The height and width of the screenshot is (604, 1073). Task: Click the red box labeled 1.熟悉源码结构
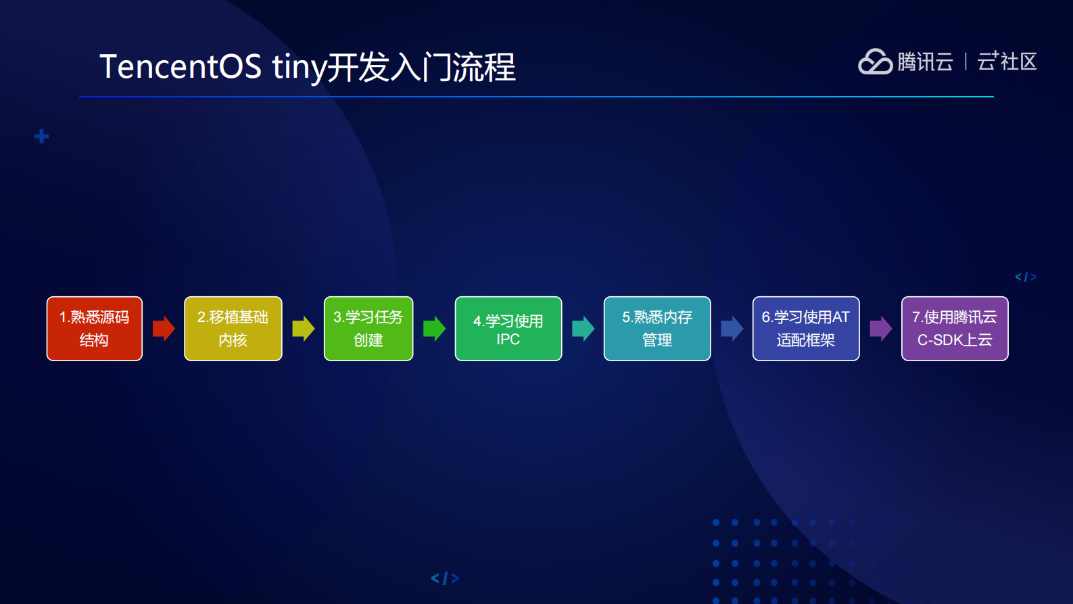coord(95,329)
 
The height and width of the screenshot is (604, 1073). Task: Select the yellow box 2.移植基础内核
coord(233,329)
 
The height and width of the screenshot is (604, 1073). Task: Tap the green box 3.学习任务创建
coord(368,329)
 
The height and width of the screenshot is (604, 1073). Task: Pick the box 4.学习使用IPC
coord(508,329)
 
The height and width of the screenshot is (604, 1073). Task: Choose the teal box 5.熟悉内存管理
coord(657,329)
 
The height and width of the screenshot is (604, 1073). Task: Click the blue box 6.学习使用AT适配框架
coord(806,329)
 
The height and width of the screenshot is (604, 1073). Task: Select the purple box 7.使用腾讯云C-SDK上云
coord(955,329)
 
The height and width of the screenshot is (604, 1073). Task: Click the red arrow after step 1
coord(164,329)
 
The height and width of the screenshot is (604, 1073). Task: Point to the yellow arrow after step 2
coord(304,329)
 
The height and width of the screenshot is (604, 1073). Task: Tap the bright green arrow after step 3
coord(434,329)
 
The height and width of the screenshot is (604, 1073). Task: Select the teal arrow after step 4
coord(583,329)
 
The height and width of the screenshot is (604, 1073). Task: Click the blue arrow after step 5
coord(732,329)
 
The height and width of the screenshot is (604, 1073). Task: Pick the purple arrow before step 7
coord(880,329)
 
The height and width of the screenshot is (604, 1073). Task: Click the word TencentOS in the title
coord(181,67)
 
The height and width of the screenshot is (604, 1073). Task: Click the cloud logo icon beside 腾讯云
coord(875,62)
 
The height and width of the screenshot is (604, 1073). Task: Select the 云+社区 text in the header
coord(1007,62)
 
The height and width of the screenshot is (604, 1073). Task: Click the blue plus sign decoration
coord(41,137)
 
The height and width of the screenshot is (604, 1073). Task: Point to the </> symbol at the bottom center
coord(445,578)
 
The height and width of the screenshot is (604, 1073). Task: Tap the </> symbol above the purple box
coord(1025,277)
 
